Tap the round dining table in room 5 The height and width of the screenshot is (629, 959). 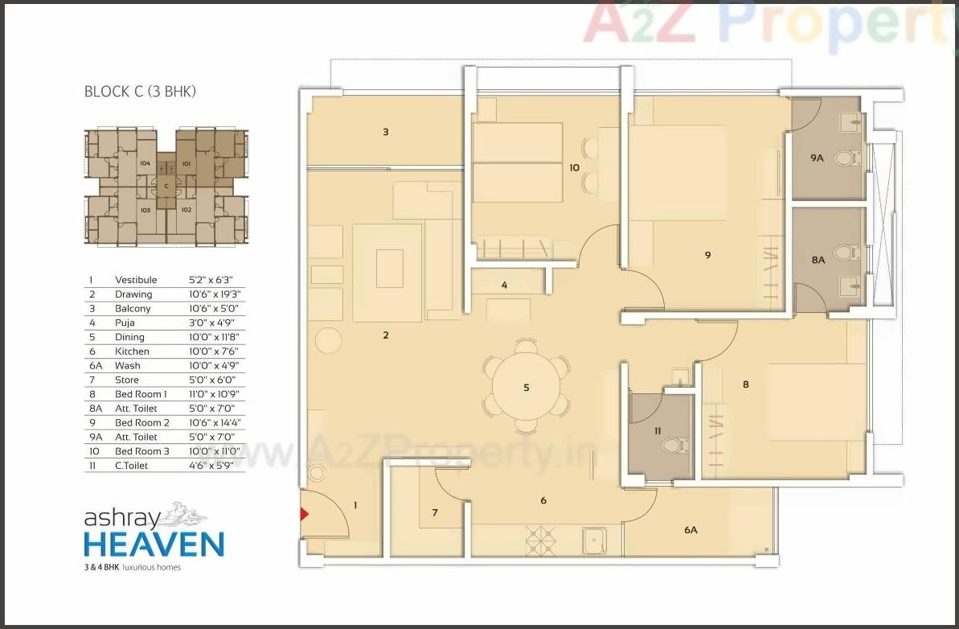tap(526, 388)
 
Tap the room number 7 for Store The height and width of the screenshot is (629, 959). tap(435, 512)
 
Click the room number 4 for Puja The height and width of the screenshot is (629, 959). tap(504, 285)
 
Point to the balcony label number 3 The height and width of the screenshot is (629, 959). tap(386, 131)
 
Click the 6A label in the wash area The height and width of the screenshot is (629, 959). tap(691, 530)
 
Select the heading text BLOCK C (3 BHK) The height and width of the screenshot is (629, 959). tap(140, 92)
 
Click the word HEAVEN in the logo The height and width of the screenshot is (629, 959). tap(154, 544)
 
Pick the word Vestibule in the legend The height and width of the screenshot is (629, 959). tap(136, 280)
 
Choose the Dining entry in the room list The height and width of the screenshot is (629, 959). tap(129, 337)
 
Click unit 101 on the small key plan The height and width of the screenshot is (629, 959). tap(186, 164)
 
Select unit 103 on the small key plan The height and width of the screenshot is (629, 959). tap(145, 210)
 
